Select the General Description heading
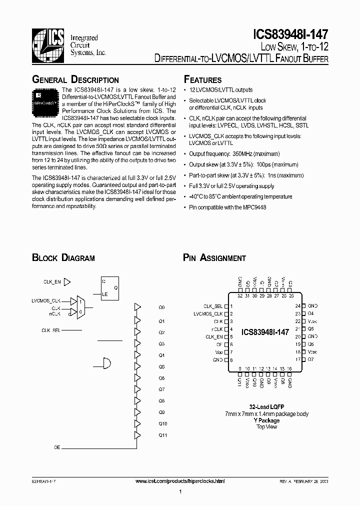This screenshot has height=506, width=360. (x=75, y=80)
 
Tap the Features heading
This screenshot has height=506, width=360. (x=202, y=80)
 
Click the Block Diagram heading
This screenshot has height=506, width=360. (x=63, y=258)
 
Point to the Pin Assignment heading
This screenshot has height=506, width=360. (x=214, y=258)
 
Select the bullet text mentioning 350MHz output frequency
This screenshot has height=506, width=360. (x=235, y=154)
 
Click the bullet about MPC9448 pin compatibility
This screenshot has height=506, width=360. (x=227, y=207)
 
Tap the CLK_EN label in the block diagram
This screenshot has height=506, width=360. (x=52, y=282)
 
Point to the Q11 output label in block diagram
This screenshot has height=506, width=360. (x=162, y=435)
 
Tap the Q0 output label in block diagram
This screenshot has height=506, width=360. (x=161, y=307)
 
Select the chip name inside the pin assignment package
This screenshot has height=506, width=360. (x=265, y=331)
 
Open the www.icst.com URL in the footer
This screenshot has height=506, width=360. (x=180, y=481)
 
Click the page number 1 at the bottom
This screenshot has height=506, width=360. (x=179, y=492)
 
